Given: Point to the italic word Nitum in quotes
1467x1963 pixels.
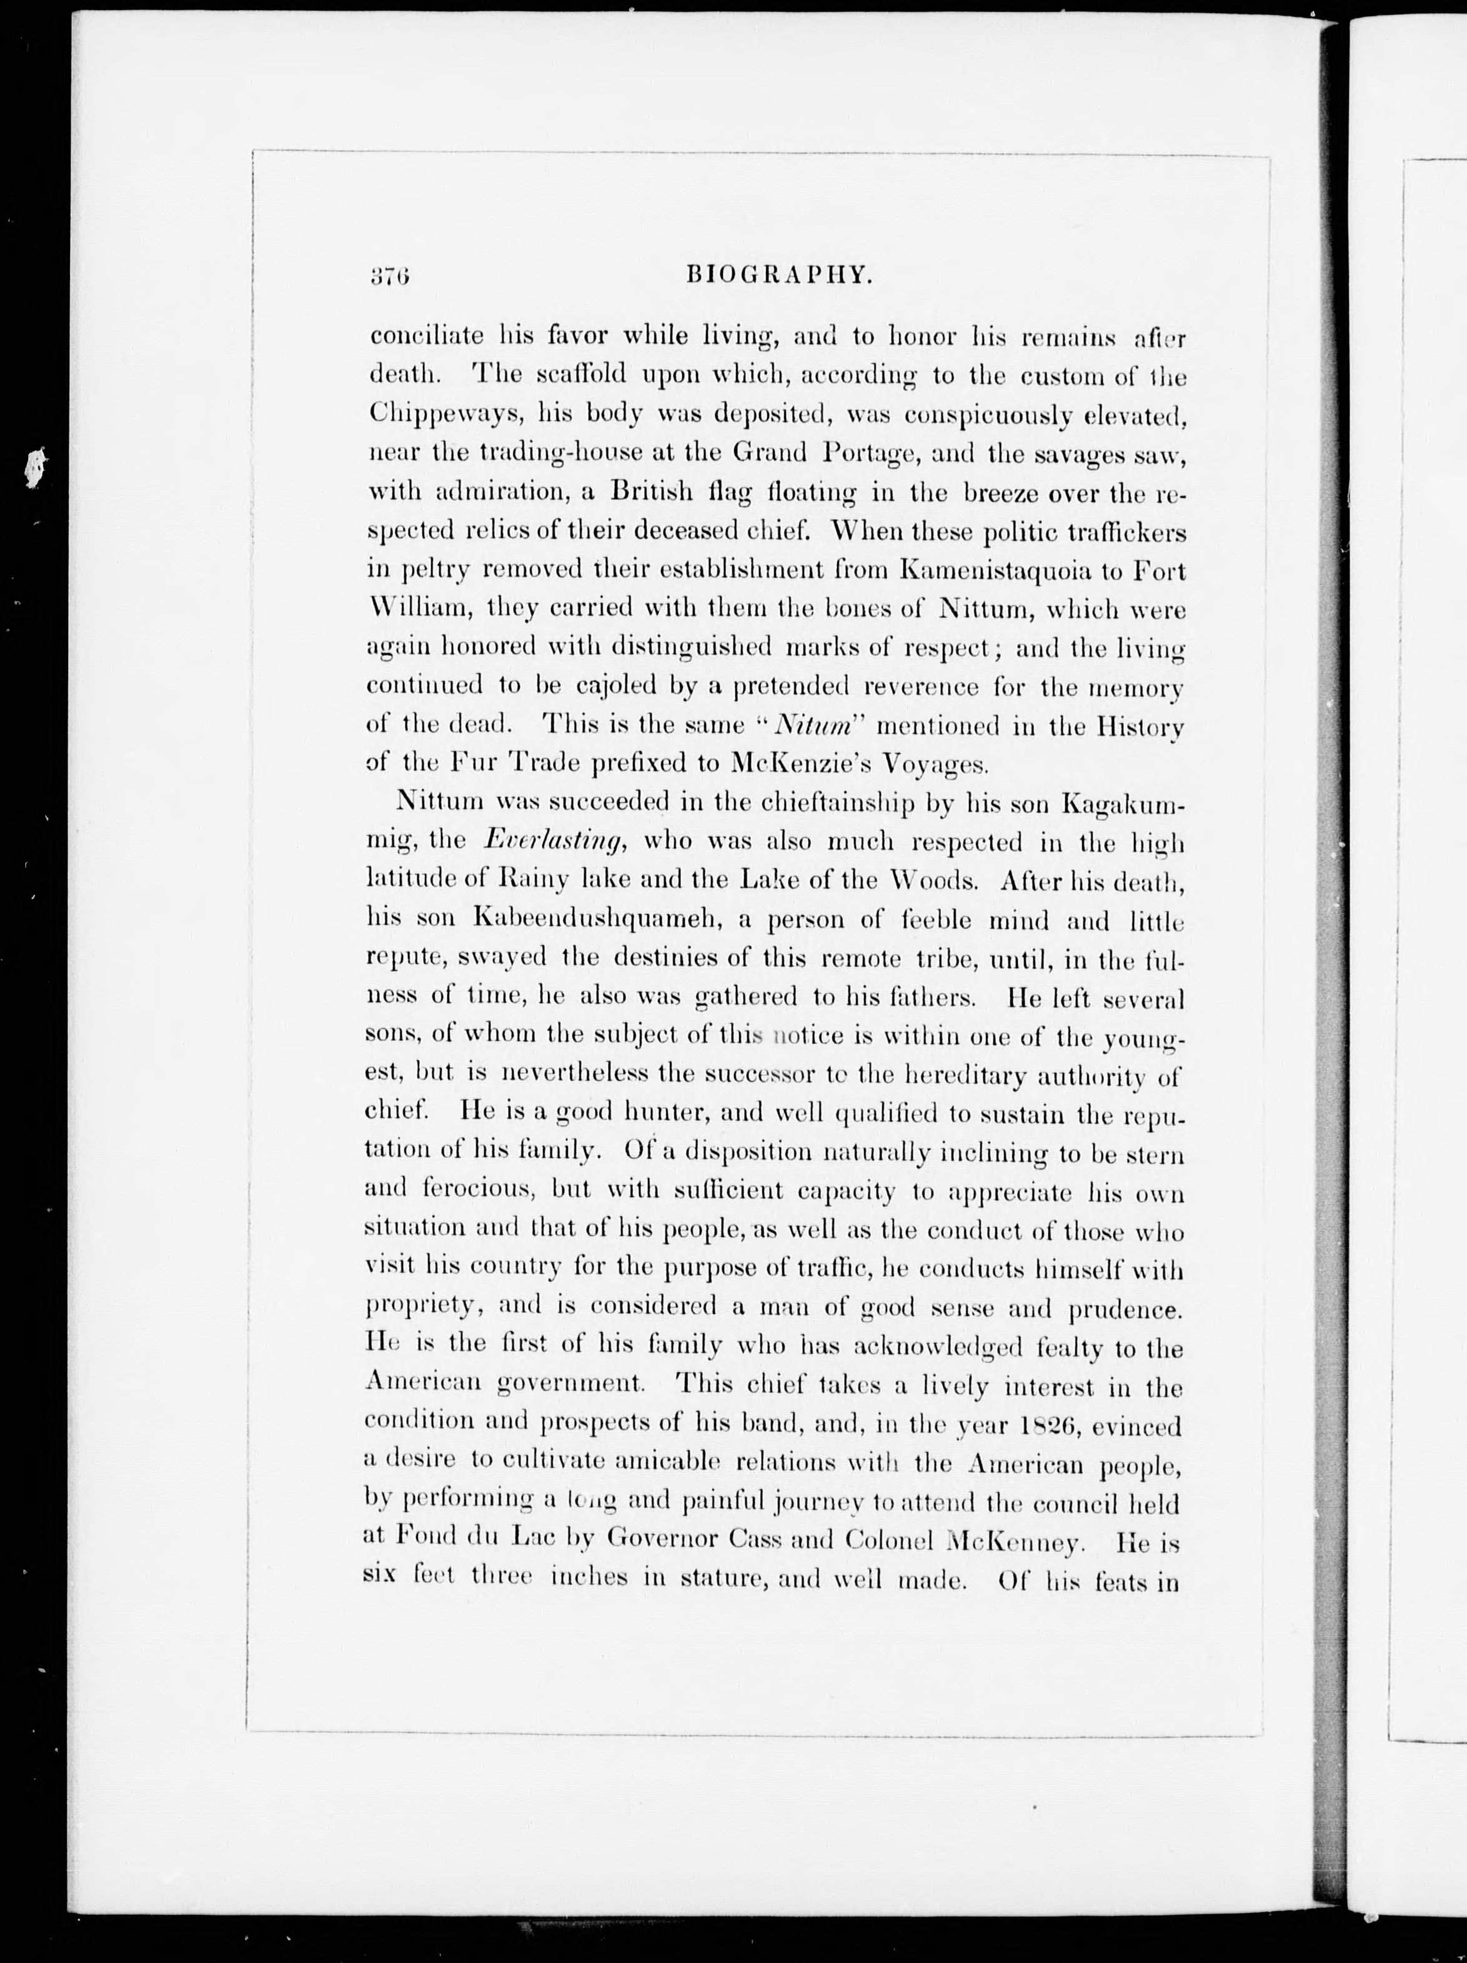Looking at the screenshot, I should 814,725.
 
